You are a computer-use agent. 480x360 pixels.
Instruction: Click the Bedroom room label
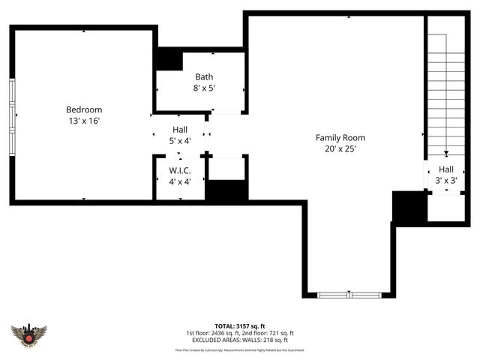(84, 109)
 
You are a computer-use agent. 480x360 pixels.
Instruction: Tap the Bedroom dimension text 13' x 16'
(84, 120)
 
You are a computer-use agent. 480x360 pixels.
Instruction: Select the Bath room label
(204, 76)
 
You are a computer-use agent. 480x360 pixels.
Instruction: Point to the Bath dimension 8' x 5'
(204, 88)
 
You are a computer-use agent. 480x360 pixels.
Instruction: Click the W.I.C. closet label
(180, 170)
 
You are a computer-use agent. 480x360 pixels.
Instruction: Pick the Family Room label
(340, 137)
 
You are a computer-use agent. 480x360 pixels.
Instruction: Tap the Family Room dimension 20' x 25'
(340, 148)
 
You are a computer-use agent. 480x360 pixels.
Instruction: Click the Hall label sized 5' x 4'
(180, 130)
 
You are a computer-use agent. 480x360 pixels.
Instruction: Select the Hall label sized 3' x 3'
(446, 169)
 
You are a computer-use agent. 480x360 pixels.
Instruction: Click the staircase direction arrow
(446, 151)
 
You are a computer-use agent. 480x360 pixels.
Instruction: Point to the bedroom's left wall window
(12, 116)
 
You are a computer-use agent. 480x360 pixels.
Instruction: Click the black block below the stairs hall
(409, 207)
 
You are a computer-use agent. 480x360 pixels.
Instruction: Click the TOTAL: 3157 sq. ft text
(240, 326)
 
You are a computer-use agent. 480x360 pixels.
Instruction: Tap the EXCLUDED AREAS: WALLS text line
(240, 340)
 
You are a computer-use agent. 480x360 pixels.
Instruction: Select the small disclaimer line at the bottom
(240, 349)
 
